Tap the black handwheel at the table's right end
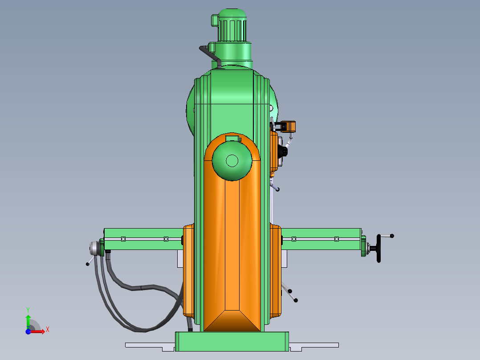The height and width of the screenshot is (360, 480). (x=378, y=249)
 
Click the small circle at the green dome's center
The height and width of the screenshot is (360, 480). (x=232, y=160)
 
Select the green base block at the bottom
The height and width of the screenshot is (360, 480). (x=232, y=341)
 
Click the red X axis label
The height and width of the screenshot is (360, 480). (x=48, y=330)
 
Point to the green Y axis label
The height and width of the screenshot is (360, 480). (x=28, y=310)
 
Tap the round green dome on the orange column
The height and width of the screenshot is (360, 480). (x=232, y=161)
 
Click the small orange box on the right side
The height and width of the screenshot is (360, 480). (x=288, y=127)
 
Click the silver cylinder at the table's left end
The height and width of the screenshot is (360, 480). (x=94, y=248)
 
